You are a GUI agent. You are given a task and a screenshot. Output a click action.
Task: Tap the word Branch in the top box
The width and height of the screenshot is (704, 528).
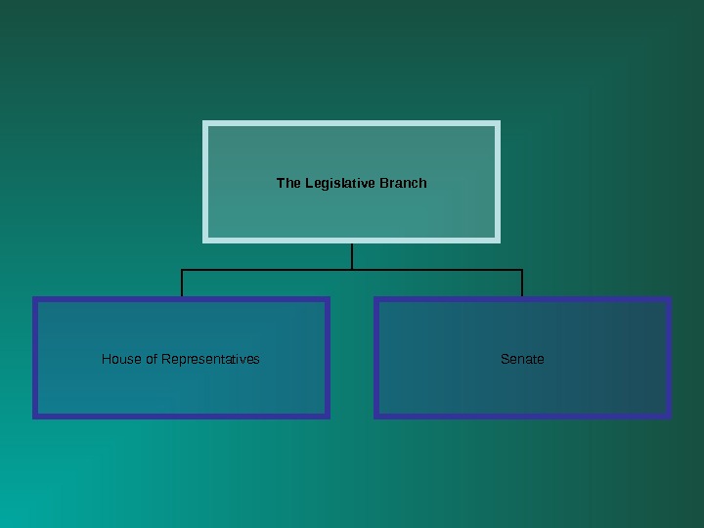coord(403,183)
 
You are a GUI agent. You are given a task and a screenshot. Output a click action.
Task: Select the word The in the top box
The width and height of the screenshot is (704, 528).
coord(288,183)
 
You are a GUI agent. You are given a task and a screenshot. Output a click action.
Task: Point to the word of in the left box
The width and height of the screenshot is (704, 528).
coord(152,359)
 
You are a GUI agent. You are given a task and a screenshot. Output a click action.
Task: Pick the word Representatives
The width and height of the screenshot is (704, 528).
coord(210,359)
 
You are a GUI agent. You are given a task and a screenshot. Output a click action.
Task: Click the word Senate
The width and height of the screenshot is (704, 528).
coord(522,359)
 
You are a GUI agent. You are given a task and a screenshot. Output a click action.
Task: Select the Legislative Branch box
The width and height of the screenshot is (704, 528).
coord(352,210)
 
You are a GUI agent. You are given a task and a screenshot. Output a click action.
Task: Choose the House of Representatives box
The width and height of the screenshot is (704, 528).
coord(181,386)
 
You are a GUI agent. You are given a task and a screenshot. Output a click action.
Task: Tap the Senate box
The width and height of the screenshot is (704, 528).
coord(522,386)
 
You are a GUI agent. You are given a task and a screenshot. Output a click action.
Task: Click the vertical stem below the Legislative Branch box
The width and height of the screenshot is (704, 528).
coord(352,255)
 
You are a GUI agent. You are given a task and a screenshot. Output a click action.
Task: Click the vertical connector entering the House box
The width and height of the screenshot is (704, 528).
coord(182,283)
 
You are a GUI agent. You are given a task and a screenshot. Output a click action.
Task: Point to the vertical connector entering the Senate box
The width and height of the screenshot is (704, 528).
coord(522,283)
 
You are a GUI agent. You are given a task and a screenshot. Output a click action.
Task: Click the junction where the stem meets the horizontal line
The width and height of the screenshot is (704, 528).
coord(352,269)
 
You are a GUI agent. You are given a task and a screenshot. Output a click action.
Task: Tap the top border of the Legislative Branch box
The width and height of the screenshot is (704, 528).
coord(352,124)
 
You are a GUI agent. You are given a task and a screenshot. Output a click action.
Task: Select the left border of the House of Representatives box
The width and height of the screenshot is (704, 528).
coord(36,358)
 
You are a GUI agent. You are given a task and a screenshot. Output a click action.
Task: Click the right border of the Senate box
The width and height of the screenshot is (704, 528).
coord(669,358)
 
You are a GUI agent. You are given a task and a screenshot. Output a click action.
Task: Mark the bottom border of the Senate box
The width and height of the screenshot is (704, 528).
coord(522,416)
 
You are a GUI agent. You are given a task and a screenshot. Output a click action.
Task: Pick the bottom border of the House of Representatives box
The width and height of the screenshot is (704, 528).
coord(181,416)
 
